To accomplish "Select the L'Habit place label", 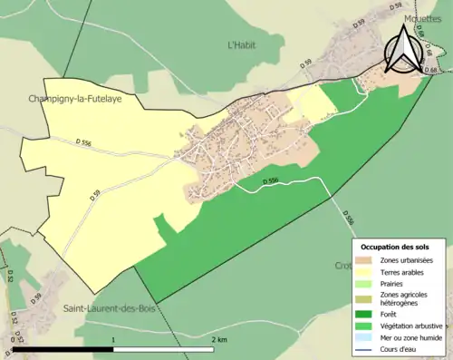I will [x=243, y=43].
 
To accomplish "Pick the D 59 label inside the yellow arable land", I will [x=95, y=192].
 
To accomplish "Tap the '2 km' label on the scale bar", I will [x=220, y=339].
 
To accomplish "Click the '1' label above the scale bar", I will [x=112, y=339].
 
